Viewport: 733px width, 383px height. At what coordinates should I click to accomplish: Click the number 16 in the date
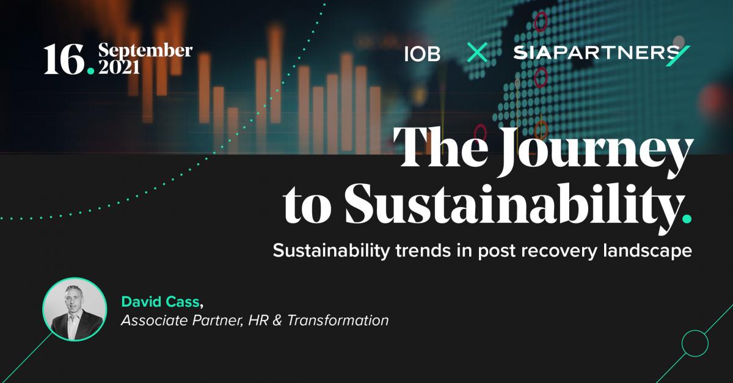click(x=64, y=59)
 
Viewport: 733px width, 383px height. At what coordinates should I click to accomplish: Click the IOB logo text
click(x=422, y=54)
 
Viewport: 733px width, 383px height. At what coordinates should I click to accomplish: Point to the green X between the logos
click(x=477, y=53)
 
